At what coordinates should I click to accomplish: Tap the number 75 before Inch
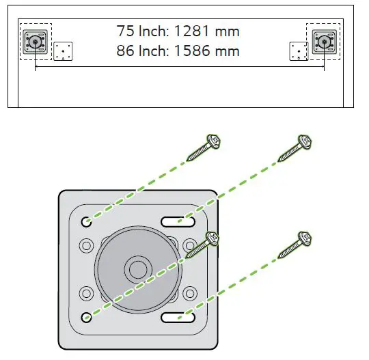coord(124,31)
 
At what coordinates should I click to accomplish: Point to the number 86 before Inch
coord(124,51)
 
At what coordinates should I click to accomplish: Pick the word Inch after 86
coord(154,51)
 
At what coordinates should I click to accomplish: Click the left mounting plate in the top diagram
coord(33,42)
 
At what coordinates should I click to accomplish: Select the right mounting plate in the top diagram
coord(323,42)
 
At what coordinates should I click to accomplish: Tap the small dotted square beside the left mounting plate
coord(63,51)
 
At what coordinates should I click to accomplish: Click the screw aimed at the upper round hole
coord(206,147)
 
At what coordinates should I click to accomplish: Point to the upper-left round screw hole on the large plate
coord(87,222)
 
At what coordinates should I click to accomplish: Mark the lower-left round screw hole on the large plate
coord(87,317)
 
